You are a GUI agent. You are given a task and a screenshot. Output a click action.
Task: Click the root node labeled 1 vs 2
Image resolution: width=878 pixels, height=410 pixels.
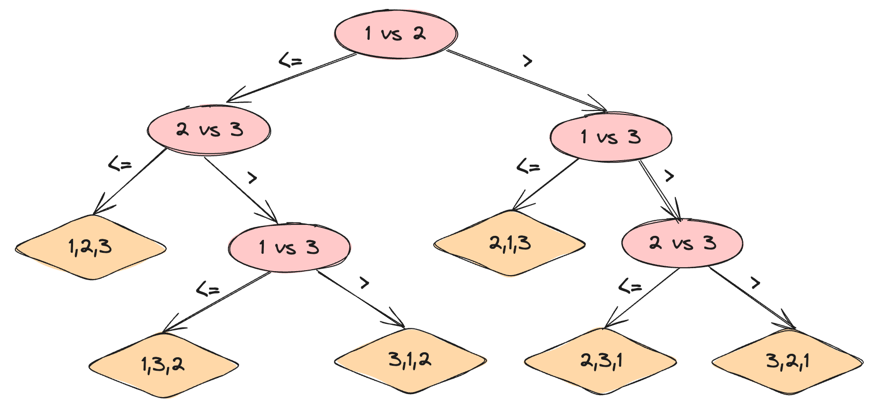pos(396,34)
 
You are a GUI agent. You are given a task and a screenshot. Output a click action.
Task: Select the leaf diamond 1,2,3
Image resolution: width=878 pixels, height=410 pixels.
pos(90,247)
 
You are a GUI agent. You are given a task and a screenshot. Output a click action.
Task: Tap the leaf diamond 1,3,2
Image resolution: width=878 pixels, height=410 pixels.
pos(163,365)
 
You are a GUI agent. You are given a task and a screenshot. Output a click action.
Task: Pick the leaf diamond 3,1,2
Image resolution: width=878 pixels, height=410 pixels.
pos(410,360)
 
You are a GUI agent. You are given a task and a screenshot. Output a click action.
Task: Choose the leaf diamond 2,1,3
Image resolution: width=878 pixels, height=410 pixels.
pos(509,243)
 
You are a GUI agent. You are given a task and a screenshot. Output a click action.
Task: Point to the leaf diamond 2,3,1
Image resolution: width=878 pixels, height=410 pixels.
pos(600,361)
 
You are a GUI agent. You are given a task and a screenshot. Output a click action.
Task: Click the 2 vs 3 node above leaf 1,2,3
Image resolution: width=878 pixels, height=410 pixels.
pos(209,130)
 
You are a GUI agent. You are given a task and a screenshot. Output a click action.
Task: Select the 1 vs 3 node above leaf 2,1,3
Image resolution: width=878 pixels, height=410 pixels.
pos(611,137)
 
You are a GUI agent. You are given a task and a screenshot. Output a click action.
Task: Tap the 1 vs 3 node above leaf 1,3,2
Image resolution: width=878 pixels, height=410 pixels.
pos(289,247)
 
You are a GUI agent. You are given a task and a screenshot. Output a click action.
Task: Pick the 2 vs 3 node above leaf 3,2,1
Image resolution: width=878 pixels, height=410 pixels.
pos(682,243)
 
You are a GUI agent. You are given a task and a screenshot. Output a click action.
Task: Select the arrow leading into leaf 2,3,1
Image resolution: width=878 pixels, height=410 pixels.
pos(641,298)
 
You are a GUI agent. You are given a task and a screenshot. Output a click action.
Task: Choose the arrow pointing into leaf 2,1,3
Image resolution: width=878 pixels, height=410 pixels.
pos(546,184)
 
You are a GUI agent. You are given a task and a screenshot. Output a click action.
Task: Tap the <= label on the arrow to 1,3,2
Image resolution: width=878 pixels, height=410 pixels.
pos(208,289)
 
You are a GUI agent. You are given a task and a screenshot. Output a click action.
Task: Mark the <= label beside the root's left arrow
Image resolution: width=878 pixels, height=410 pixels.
pos(290,61)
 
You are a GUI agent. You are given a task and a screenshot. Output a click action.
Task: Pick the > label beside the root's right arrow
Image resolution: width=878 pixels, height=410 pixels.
pos(527,61)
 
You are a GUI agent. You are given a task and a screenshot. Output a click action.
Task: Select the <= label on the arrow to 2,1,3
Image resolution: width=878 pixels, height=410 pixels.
pos(528,167)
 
